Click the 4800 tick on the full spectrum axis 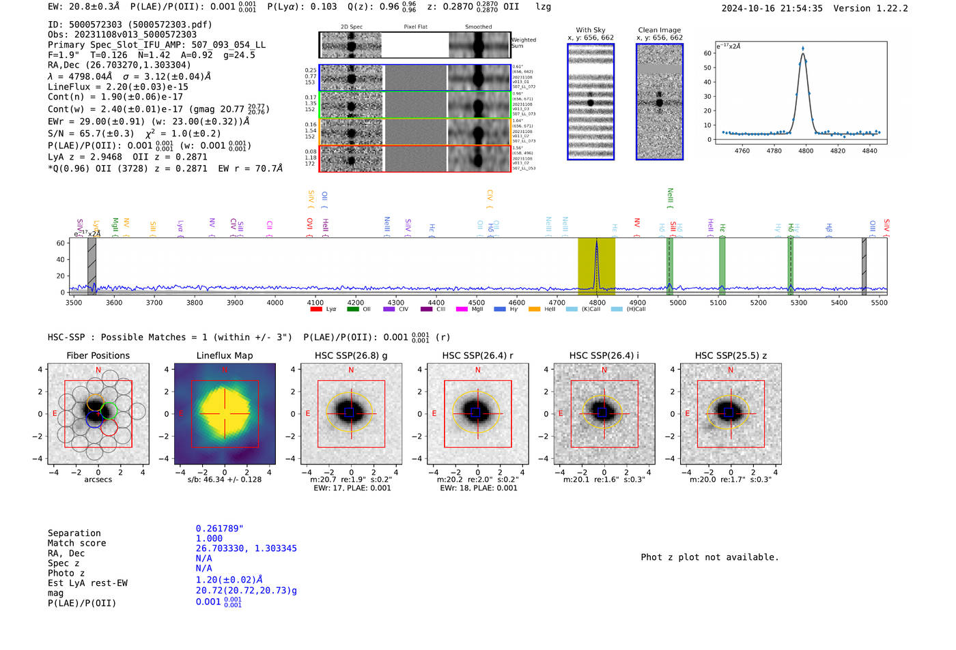tap(597, 303)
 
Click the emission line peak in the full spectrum tap(597, 241)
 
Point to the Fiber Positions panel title tap(98, 355)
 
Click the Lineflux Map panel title tap(225, 355)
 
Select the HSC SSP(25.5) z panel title tap(731, 355)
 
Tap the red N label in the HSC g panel tap(351, 370)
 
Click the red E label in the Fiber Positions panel tap(55, 414)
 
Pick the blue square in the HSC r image tap(476, 412)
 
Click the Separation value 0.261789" tap(220, 529)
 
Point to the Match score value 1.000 tap(209, 538)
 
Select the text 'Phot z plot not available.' tap(709, 557)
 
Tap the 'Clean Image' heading tap(659, 30)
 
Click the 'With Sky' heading tap(590, 30)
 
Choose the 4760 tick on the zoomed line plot tap(742, 151)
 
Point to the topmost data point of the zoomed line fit tap(802, 48)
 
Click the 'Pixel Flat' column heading tap(415, 27)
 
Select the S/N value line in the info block tap(134, 134)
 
